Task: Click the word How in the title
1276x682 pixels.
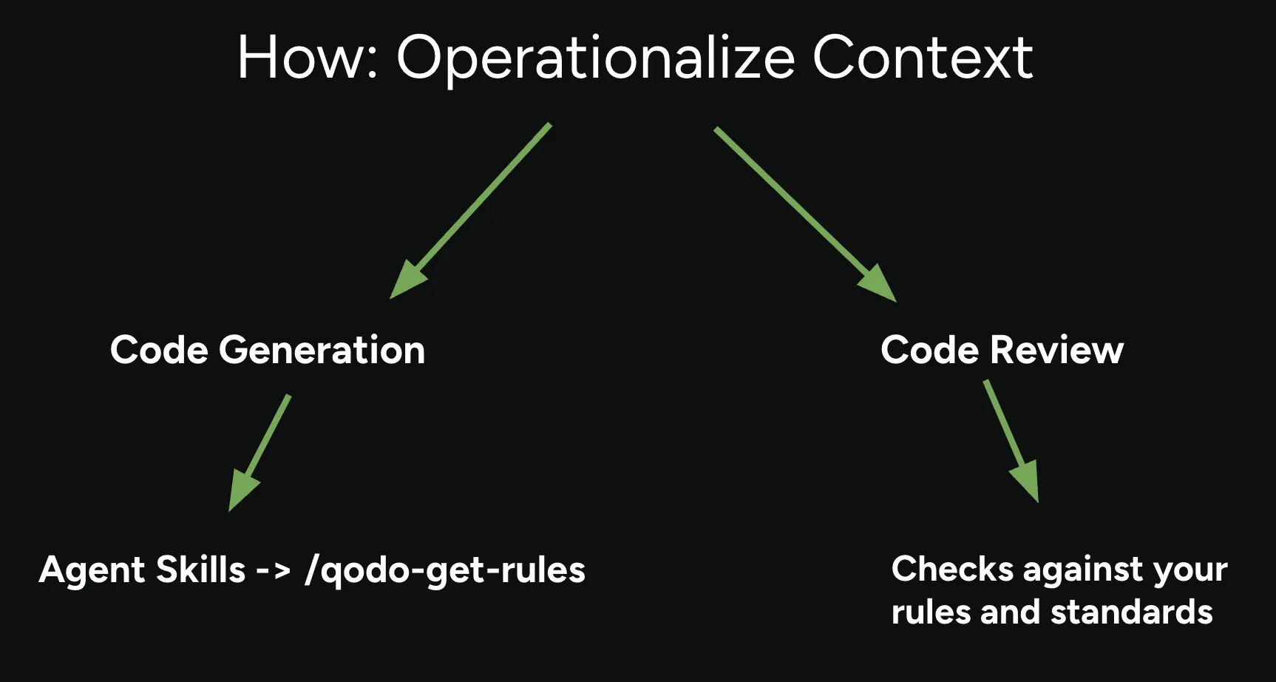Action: pyautogui.click(x=308, y=58)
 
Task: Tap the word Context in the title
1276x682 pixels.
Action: pyautogui.click(x=923, y=58)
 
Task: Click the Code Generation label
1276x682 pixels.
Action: pyautogui.click(x=268, y=349)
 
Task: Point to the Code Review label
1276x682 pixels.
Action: pyautogui.click(x=1002, y=349)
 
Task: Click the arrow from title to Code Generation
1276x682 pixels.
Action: pyautogui.click(x=470, y=211)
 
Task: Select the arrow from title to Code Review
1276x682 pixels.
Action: pyautogui.click(x=805, y=215)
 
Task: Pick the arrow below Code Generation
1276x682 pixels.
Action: pyautogui.click(x=259, y=453)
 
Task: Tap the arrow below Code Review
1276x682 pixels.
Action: pyautogui.click(x=1011, y=442)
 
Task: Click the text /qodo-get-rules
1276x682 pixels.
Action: pyautogui.click(x=445, y=570)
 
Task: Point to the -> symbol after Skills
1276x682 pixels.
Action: pyautogui.click(x=273, y=570)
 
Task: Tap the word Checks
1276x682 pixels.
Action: pyautogui.click(x=952, y=569)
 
